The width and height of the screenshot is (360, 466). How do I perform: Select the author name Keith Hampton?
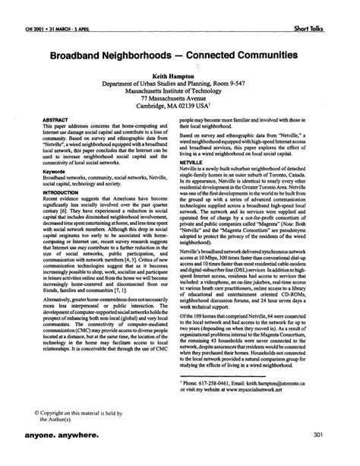pos(180,76)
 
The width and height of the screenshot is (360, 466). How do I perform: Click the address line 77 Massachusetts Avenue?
pos(180,99)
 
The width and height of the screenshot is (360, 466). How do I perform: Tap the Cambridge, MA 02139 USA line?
pos(180,107)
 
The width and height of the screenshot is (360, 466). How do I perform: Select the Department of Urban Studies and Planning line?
pos(180,84)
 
